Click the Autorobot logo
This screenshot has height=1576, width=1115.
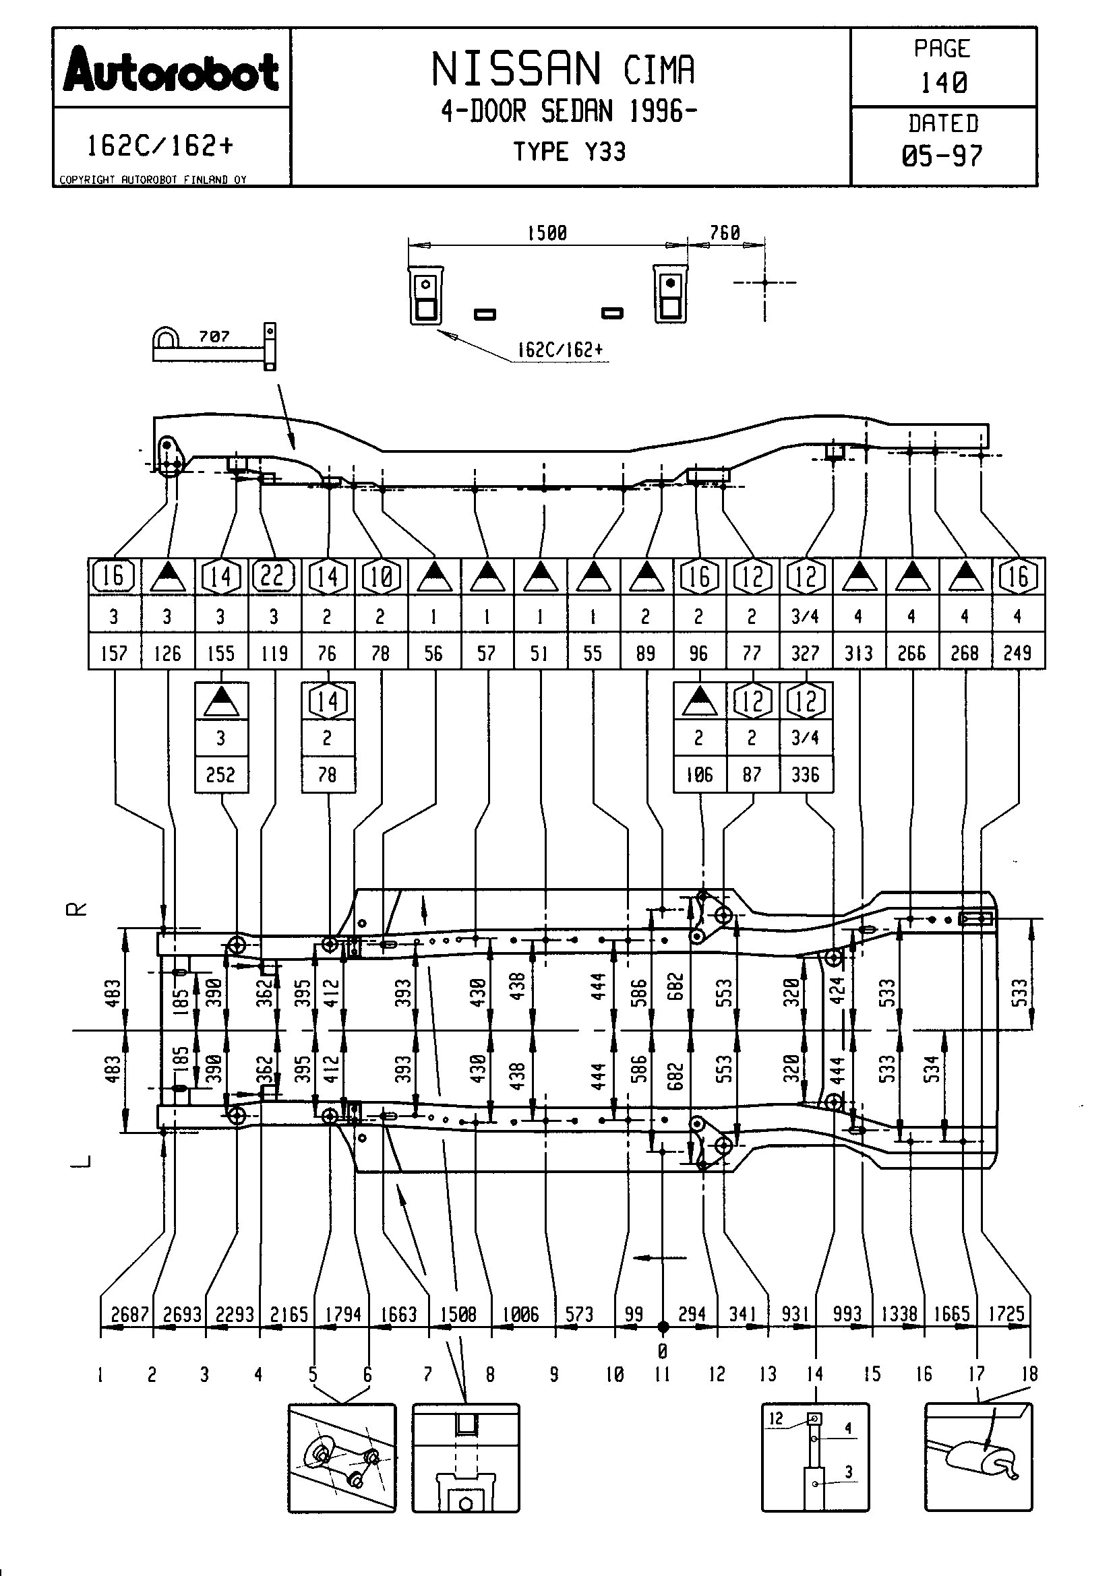[171, 70]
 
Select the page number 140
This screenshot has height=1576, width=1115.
[943, 83]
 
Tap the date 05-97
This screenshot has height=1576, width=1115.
[942, 156]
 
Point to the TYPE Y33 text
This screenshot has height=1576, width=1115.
[570, 152]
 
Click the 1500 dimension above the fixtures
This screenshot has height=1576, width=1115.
[547, 233]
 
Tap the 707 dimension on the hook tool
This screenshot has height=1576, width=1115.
[214, 336]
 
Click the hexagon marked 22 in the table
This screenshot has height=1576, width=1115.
[273, 576]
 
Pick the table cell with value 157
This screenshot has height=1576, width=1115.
[114, 653]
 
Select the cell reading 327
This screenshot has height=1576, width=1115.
[806, 653]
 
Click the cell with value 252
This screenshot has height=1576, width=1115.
[220, 775]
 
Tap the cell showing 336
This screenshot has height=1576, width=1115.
[806, 775]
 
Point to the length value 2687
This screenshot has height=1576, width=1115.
[129, 1315]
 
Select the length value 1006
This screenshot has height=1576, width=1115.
[520, 1315]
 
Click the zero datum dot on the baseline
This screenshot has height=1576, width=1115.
[663, 1327]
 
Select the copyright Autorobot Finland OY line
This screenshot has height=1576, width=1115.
[152, 180]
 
